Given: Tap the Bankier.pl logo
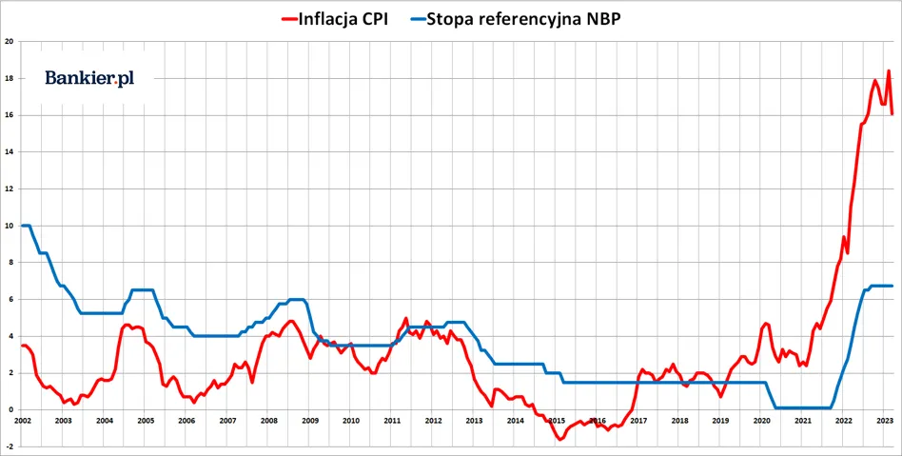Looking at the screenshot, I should point(89,78).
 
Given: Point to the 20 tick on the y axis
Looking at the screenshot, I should point(9,42).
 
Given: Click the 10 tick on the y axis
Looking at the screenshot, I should point(9,226).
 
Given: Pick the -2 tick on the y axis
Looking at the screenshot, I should point(9,446).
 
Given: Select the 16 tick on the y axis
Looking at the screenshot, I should point(9,115).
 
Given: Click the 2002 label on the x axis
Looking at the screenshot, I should point(22,420).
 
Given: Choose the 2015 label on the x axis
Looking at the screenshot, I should point(556,420).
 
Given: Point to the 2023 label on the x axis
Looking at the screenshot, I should point(884,420).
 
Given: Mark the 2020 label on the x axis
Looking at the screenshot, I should point(761,420).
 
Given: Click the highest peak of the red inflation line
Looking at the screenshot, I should point(889,71).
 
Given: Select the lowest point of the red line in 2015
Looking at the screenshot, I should point(560,439).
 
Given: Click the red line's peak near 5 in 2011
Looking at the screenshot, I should point(406,319).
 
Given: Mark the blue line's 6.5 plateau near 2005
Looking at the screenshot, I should point(142,289).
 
